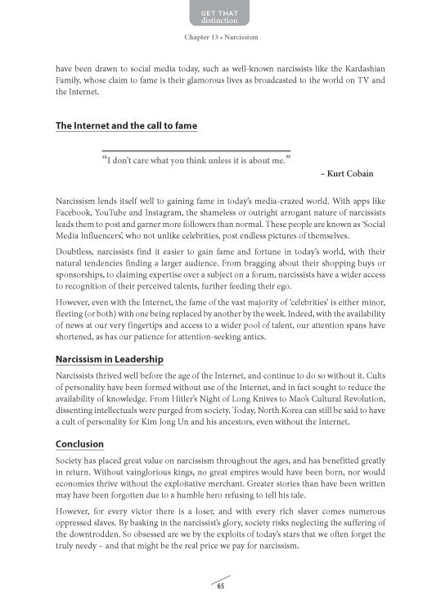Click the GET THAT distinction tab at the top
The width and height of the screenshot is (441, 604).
pyautogui.click(x=220, y=14)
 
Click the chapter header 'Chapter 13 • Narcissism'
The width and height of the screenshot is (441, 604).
pyautogui.click(x=220, y=38)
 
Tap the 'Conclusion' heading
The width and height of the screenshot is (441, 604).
pyautogui.click(x=79, y=445)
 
